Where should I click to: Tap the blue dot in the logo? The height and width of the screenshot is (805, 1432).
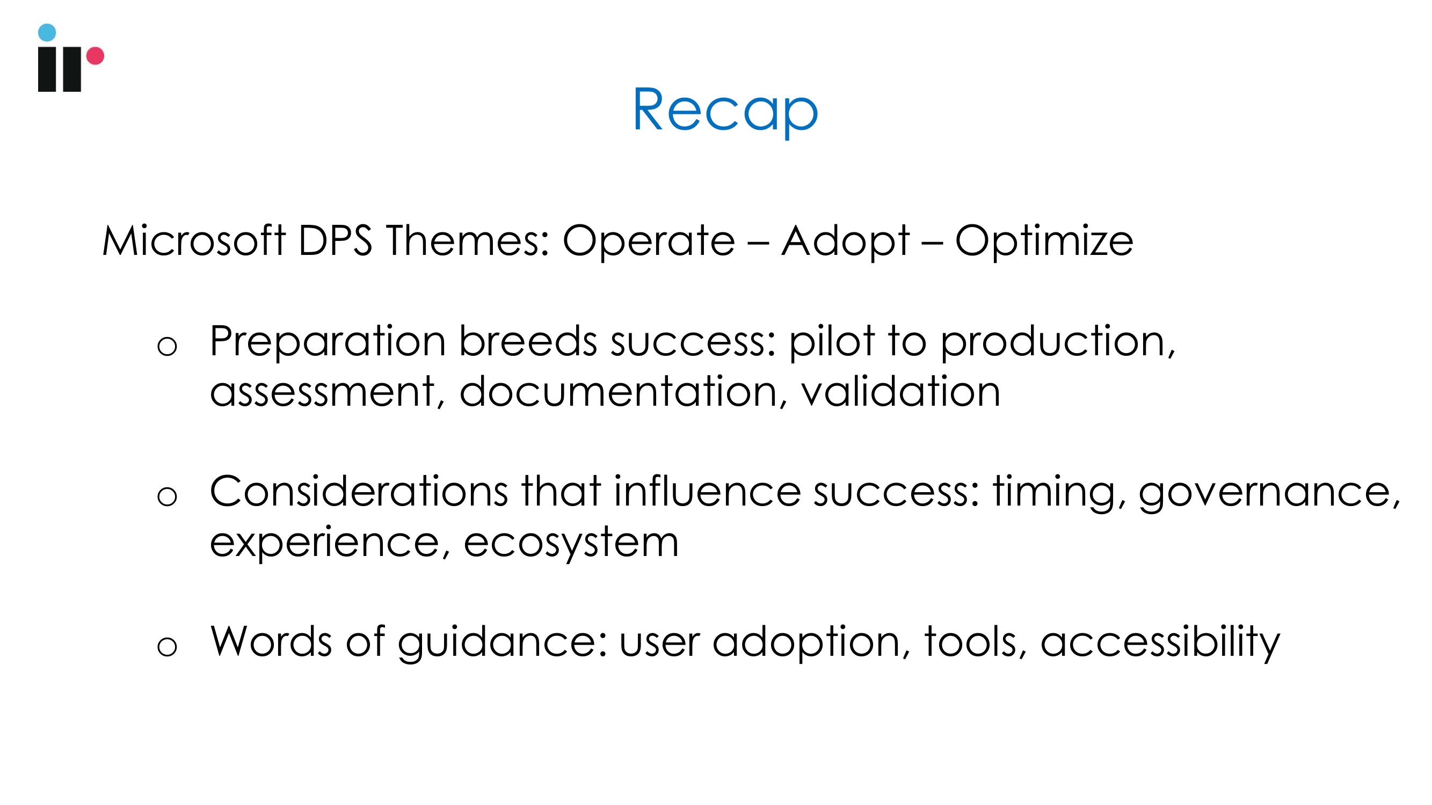47,32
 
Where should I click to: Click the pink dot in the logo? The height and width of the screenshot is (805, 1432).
95,56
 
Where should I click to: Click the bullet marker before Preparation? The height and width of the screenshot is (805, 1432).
167,346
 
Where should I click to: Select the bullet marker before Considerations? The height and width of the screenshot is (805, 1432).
167,496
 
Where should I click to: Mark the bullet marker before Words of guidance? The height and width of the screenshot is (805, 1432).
167,646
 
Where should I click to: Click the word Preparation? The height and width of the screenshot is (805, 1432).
328,342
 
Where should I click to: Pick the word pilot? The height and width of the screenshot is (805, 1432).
832,342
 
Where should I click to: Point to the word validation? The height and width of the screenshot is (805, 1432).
900,391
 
